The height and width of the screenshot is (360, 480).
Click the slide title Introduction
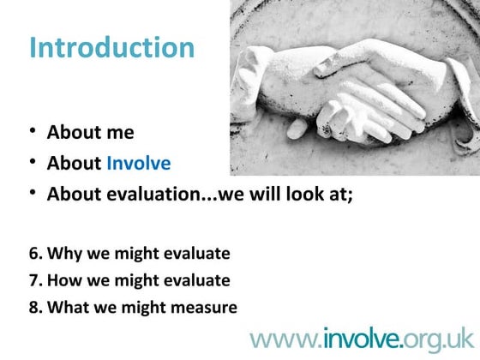pos(111,46)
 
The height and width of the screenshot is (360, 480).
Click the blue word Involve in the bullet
pos(138,163)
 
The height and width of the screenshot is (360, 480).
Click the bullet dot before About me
pos(33,132)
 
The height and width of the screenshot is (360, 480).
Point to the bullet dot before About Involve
pos(33,162)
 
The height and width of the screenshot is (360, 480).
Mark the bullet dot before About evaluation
pos(33,193)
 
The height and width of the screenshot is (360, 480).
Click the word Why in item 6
pos(63,254)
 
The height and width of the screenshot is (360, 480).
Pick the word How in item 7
pos(63,280)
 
